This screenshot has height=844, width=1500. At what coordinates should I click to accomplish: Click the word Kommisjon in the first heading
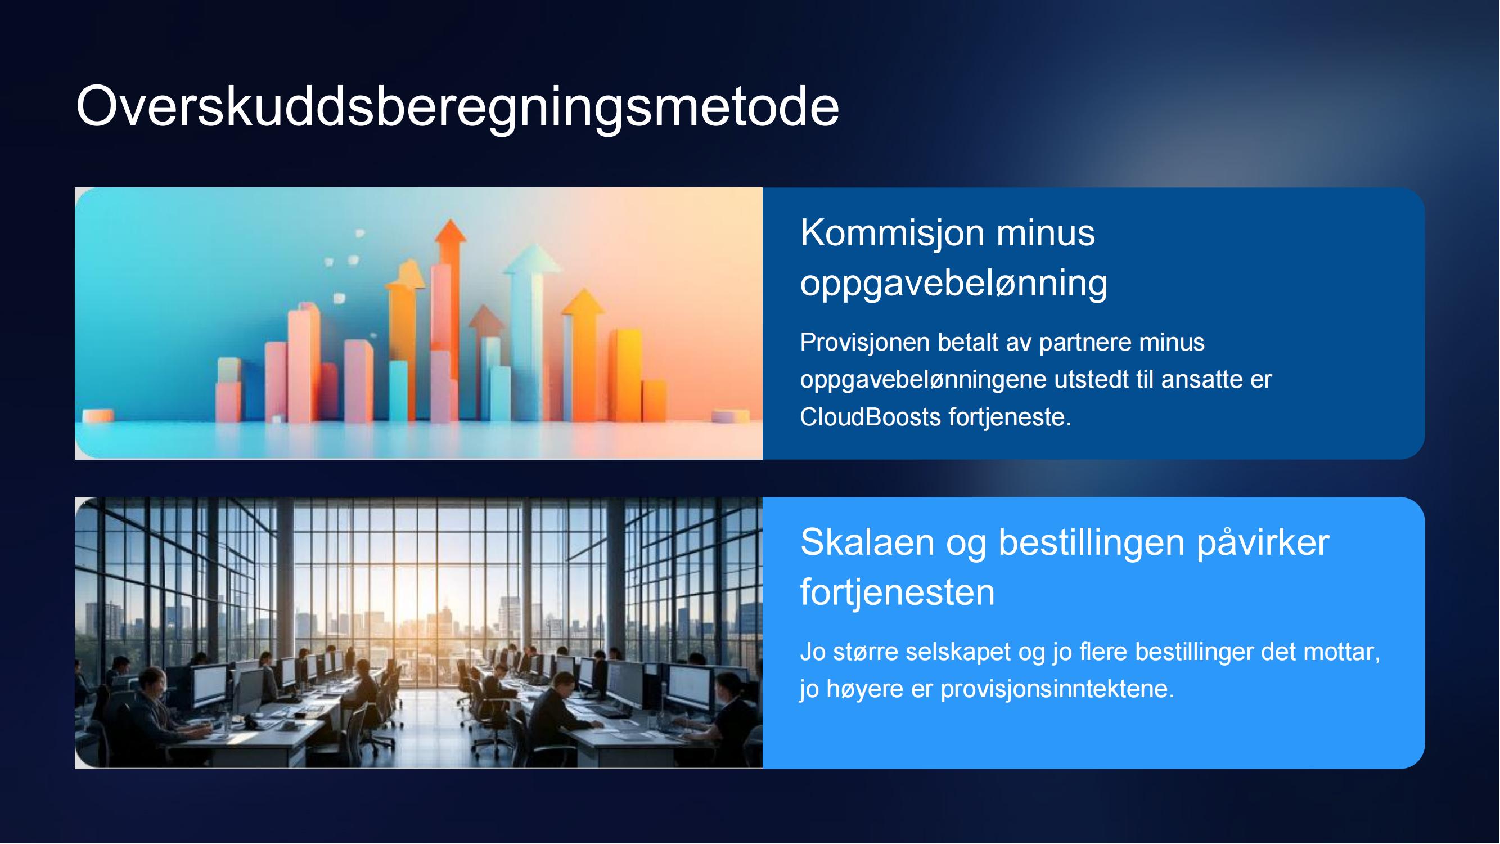point(893,232)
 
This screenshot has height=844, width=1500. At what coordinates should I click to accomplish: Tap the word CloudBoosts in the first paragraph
point(870,417)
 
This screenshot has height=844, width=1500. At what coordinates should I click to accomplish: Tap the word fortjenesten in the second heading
point(897,592)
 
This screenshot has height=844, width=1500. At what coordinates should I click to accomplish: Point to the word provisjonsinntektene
point(1057,690)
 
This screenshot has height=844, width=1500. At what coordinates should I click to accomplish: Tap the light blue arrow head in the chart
point(532,259)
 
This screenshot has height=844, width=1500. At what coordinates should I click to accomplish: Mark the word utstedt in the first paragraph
point(1087,380)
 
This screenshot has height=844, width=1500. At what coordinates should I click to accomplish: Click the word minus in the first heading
point(1046,232)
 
